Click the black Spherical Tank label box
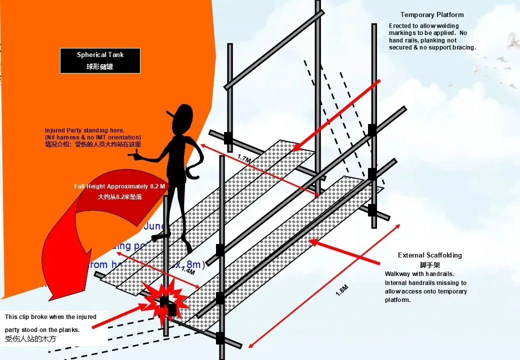[x=100, y=60]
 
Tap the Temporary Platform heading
[x=432, y=15]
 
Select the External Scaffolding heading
[x=429, y=255]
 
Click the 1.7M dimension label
[x=243, y=159]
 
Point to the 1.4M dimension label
[x=187, y=271]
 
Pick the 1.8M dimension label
[x=341, y=290]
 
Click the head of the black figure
[x=183, y=117]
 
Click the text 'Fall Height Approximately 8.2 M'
[x=119, y=186]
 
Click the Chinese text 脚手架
[x=429, y=265]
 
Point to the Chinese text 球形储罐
[x=100, y=66]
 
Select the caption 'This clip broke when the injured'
[x=50, y=317]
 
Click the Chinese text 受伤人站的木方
[x=29, y=339]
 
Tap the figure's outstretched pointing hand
[x=133, y=155]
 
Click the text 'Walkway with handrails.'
[x=419, y=274]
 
